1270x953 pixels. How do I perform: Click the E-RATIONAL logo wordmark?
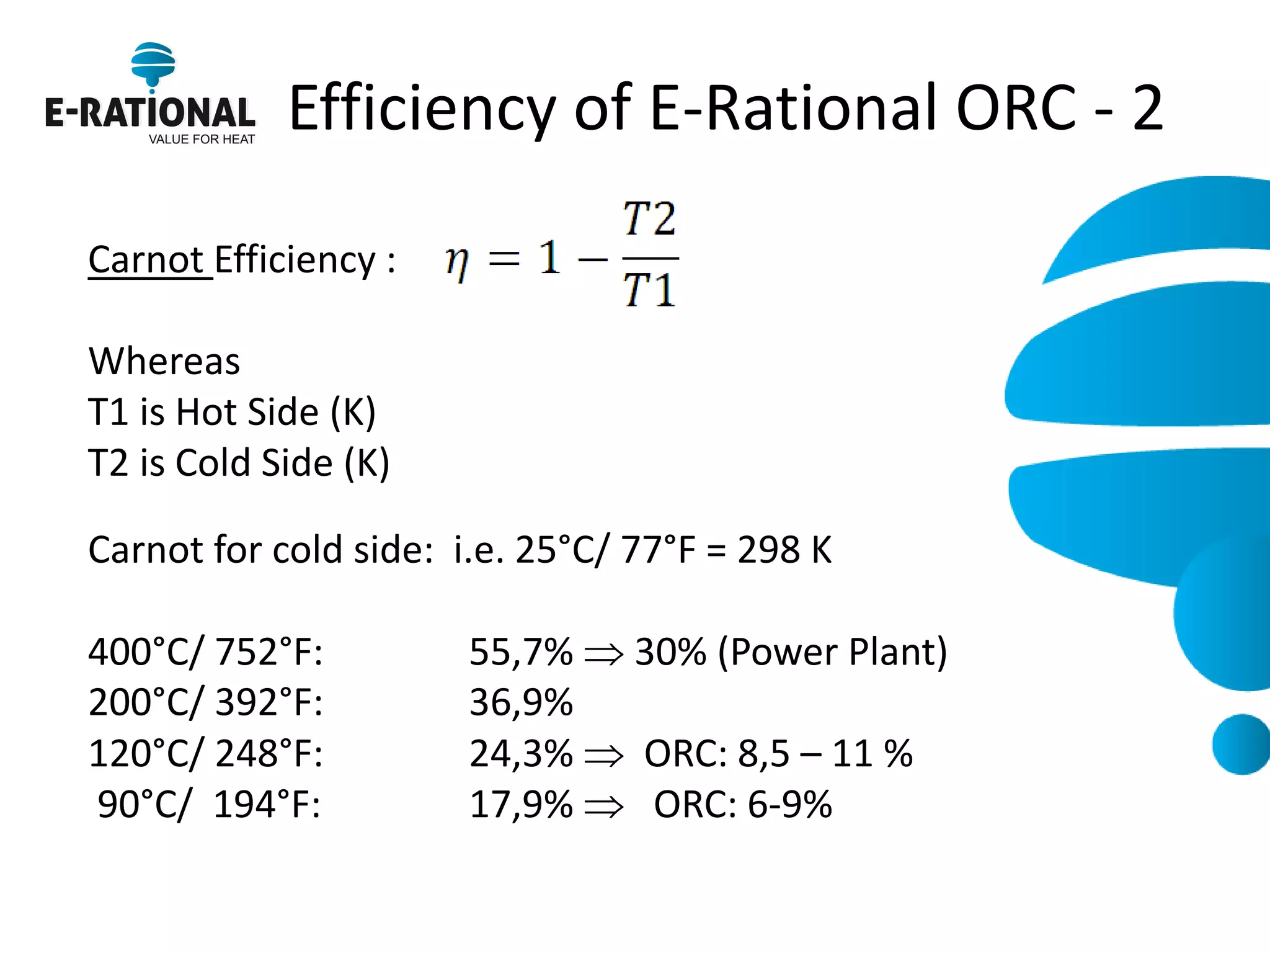(x=149, y=112)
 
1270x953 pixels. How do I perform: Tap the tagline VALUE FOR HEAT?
(x=202, y=140)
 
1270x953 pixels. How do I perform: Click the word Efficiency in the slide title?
(x=422, y=109)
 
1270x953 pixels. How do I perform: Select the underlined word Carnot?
(x=146, y=259)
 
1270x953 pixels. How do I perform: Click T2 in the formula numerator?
(x=649, y=219)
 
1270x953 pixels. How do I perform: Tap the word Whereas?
(x=164, y=361)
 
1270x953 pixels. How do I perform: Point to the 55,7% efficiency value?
(x=521, y=652)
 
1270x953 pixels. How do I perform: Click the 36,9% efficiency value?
(x=521, y=703)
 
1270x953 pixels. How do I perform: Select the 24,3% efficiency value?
(x=521, y=754)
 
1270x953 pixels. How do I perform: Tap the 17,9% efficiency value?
(x=521, y=805)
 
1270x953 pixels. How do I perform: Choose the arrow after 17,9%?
(x=603, y=807)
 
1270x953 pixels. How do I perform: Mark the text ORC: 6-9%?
(x=743, y=805)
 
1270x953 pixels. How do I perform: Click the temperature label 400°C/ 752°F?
(x=205, y=652)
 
